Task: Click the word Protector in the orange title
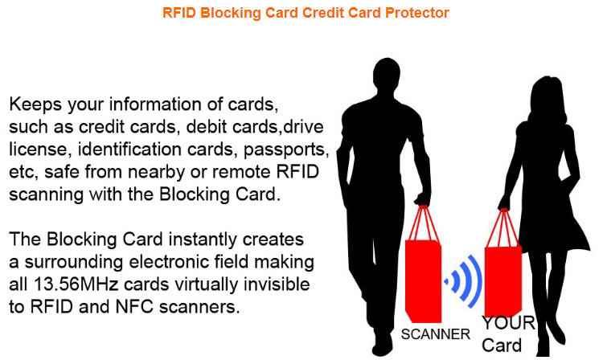417,13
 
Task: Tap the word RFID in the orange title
179,13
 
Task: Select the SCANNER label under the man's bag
435,333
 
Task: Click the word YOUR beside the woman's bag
508,323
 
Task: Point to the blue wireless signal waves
466,281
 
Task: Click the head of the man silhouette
386,74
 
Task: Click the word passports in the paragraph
285,150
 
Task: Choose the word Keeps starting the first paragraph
35,105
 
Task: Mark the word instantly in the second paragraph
203,239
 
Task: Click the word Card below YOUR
502,345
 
